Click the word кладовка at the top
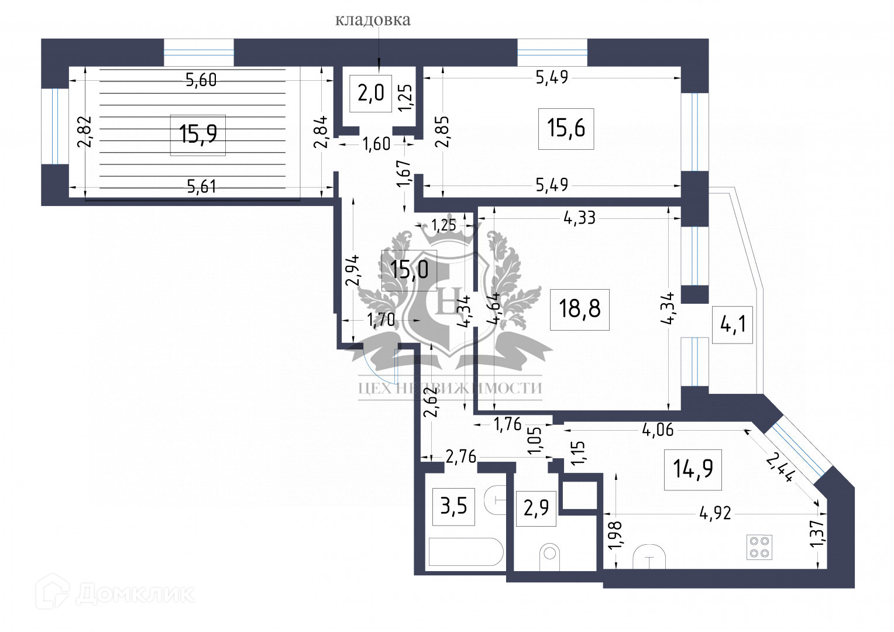(x=373, y=20)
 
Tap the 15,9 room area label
(x=198, y=135)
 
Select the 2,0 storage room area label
(x=370, y=93)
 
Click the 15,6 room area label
(x=566, y=128)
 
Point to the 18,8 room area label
(x=580, y=308)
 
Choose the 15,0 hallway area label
(x=409, y=270)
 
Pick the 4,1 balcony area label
(x=732, y=324)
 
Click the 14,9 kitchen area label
(x=693, y=469)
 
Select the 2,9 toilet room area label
(x=536, y=509)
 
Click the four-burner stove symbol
(x=759, y=547)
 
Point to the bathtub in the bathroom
(x=466, y=552)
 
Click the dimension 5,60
(x=201, y=80)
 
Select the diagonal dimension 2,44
(x=780, y=466)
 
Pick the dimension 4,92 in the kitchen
(x=715, y=513)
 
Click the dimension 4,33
(x=579, y=218)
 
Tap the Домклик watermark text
(x=135, y=595)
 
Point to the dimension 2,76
(x=461, y=456)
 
